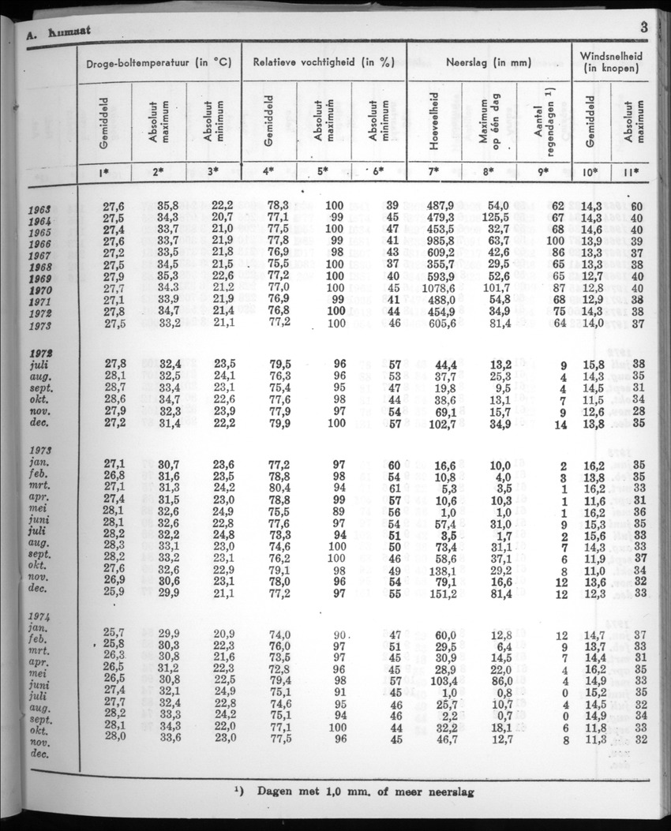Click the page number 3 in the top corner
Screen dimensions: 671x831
644,28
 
